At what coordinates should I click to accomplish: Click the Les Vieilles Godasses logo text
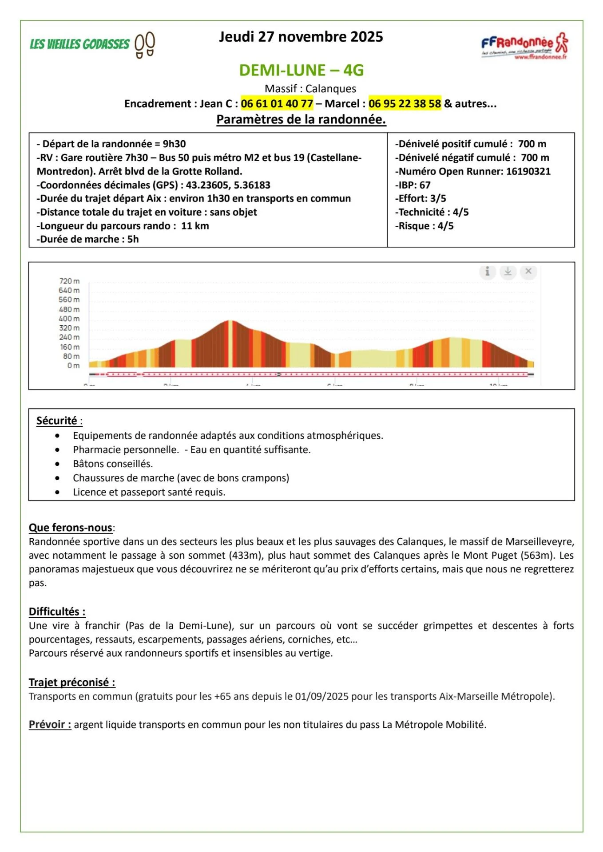click(x=79, y=44)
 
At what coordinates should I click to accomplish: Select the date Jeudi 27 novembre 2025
click(x=301, y=37)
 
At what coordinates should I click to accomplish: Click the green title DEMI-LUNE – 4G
click(x=301, y=70)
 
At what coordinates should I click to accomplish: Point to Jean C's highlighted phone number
click(x=277, y=104)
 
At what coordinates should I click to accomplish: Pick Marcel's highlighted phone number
click(x=405, y=104)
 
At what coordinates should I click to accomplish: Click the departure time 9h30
click(x=174, y=144)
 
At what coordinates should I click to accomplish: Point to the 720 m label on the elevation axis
click(x=69, y=281)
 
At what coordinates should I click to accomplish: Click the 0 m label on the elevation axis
click(x=73, y=366)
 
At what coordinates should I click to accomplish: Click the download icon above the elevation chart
click(x=508, y=271)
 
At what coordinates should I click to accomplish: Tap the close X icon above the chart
click(x=528, y=271)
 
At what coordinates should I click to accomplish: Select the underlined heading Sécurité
click(x=57, y=421)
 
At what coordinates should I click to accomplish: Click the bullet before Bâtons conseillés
click(x=57, y=464)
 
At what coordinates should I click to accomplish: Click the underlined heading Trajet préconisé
click(x=71, y=682)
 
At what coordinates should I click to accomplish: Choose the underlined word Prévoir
click(x=50, y=725)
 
